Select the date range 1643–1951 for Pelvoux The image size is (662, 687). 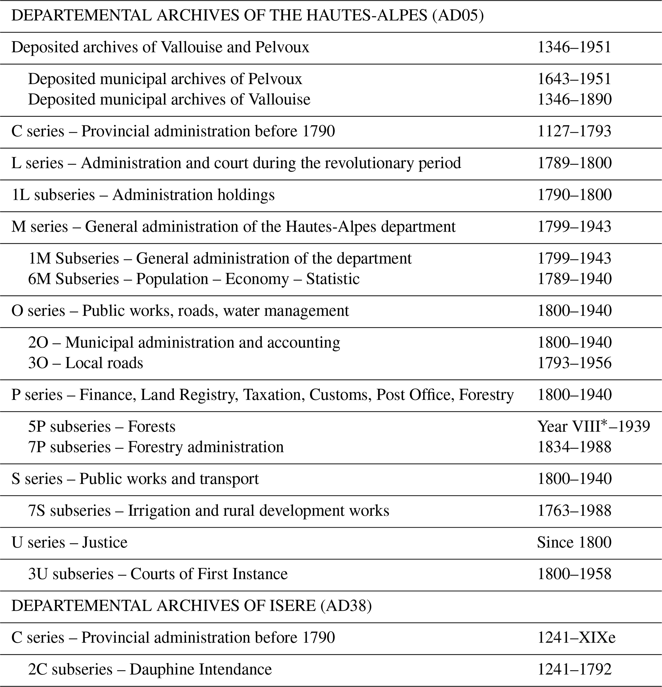click(x=574, y=79)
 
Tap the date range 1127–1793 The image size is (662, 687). click(x=574, y=131)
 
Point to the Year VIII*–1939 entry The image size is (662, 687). click(x=593, y=427)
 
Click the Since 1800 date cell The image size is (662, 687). click(x=574, y=542)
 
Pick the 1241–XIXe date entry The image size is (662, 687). click(x=576, y=637)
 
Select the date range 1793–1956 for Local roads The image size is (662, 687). click(x=574, y=363)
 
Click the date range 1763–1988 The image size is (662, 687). click(x=574, y=511)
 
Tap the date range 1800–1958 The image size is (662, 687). click(x=574, y=574)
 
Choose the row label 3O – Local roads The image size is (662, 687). click(x=86, y=363)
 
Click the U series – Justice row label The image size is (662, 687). click(x=69, y=542)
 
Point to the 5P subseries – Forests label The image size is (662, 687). click(x=102, y=427)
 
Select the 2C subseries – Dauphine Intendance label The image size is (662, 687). click(x=150, y=669)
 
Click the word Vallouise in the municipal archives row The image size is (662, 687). click(x=279, y=99)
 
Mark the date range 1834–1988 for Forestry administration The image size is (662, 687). click(x=574, y=447)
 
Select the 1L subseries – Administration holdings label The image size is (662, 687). click(x=143, y=195)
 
